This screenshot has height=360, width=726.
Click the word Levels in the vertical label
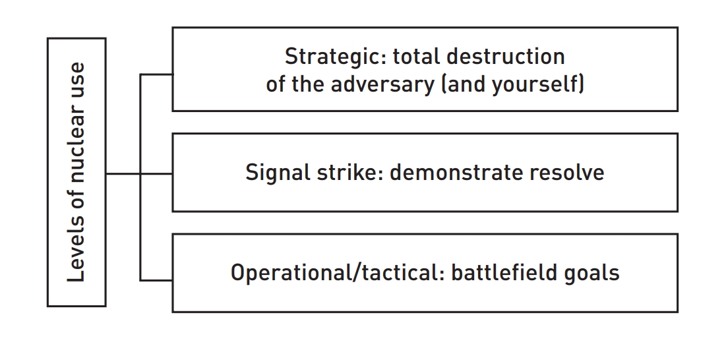(76, 255)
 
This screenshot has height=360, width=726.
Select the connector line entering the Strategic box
(156, 74)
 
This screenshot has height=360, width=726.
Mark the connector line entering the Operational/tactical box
(156, 280)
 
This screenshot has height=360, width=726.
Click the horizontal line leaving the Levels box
(123, 174)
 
